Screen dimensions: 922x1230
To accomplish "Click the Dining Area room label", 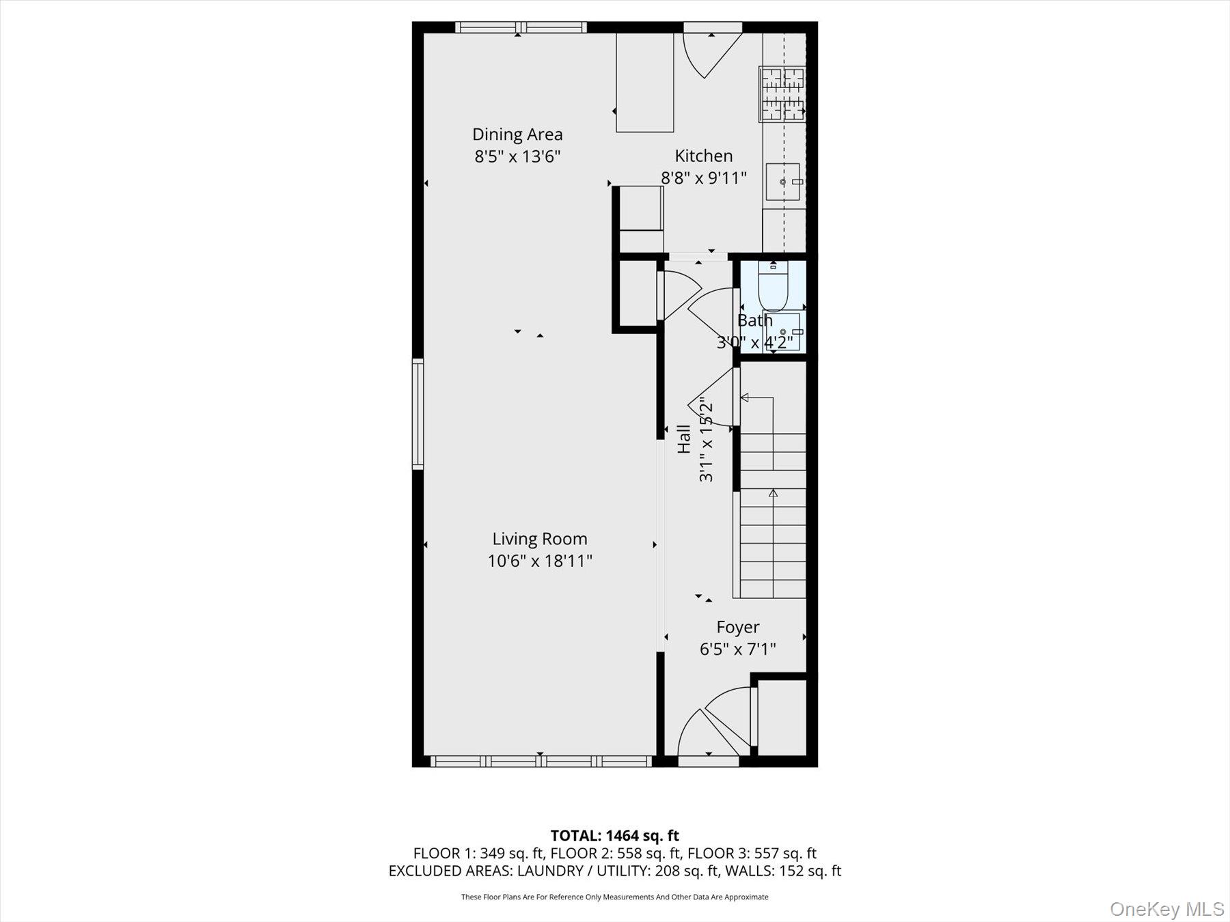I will (517, 135).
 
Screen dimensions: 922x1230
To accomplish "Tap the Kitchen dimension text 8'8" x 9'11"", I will (703, 178).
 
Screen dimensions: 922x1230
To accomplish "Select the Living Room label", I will (539, 539).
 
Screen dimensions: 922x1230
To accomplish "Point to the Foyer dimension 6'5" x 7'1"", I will (737, 649).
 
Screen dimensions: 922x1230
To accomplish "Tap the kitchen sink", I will (783, 182).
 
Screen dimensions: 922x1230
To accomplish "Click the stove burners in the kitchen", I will (782, 94).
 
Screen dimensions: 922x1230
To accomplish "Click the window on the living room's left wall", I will (418, 413).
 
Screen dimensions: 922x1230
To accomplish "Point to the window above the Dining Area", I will (521, 28).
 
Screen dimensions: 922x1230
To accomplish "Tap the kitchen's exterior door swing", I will (711, 55).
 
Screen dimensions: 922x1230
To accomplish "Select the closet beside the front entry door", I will (782, 717).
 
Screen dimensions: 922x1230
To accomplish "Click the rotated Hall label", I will (683, 438).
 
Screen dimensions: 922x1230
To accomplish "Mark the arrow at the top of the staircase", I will (745, 397).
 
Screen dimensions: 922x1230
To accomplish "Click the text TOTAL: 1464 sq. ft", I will (614, 835).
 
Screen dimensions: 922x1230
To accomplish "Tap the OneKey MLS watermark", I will (1166, 909).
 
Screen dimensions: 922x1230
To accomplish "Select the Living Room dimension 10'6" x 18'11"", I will (539, 561).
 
